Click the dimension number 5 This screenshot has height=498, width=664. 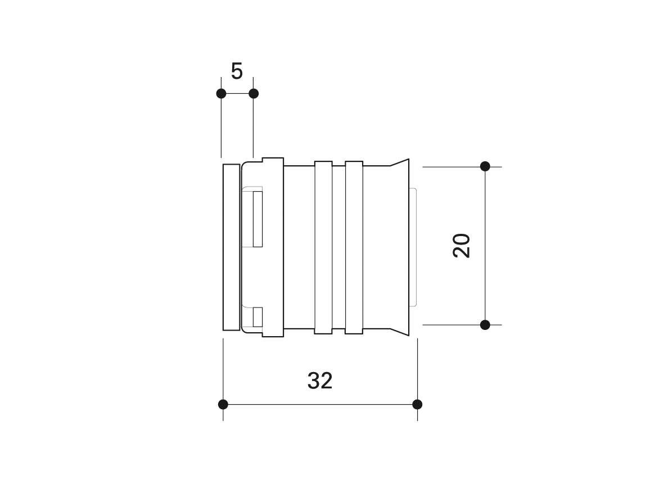(x=237, y=71)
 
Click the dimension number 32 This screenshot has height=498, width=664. (x=320, y=381)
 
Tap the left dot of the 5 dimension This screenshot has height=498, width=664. (x=221, y=93)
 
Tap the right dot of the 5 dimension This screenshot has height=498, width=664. (x=253, y=93)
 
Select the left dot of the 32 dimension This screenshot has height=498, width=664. (x=223, y=404)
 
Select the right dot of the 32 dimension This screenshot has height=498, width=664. (x=417, y=404)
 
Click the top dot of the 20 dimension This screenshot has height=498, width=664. (x=485, y=166)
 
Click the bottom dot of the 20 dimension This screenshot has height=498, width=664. (x=485, y=325)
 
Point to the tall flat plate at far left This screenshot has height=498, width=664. (x=231, y=247)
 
